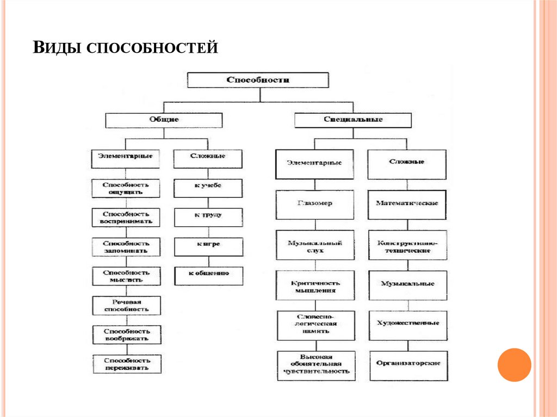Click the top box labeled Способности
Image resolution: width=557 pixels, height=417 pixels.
pyautogui.click(x=258, y=80)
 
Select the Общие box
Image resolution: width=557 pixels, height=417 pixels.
pyautogui.click(x=163, y=120)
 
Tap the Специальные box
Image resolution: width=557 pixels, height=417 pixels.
pyautogui.click(x=352, y=120)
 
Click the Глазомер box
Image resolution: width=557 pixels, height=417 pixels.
pyautogui.click(x=315, y=203)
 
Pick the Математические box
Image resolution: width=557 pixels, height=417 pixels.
pyautogui.click(x=407, y=204)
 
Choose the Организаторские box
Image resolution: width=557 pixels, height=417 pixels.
pyautogui.click(x=408, y=363)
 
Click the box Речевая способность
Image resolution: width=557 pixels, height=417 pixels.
pyautogui.click(x=126, y=305)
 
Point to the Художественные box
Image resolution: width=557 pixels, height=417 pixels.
pyautogui.click(x=408, y=323)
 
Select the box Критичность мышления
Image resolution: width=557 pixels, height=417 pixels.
pyautogui.click(x=315, y=286)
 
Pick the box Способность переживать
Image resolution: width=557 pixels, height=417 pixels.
pyautogui.click(x=126, y=364)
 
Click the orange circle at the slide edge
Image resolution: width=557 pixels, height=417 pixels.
pyautogui.click(x=514, y=364)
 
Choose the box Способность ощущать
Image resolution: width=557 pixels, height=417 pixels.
pyautogui.click(x=126, y=188)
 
